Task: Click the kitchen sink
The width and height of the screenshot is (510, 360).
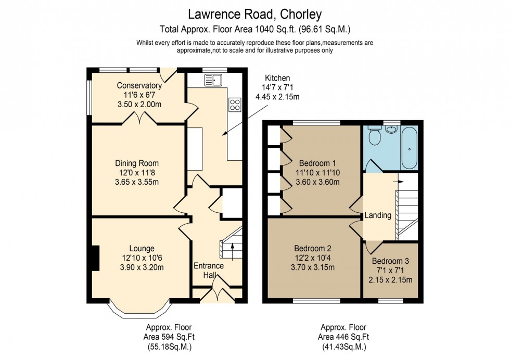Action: click(213, 80)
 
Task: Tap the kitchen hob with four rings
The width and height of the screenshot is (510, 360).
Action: click(234, 105)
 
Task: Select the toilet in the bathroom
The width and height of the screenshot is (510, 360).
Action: click(374, 137)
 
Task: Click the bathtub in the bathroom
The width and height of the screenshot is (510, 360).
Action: click(409, 148)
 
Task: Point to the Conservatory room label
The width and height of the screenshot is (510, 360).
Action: click(139, 86)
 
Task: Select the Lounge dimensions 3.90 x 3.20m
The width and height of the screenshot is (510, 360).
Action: click(142, 268)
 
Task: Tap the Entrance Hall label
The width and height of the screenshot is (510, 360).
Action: click(209, 270)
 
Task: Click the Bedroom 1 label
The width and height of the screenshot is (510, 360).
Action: click(317, 163)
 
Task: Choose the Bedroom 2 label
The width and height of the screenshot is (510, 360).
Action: click(312, 248)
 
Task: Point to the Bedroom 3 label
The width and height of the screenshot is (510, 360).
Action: click(390, 261)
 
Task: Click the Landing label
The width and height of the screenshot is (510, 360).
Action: click(378, 215)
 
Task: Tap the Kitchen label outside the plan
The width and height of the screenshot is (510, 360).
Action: click(277, 78)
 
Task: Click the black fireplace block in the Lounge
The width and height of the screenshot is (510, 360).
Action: click(94, 258)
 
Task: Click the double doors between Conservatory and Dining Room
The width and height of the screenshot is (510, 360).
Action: click(139, 120)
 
